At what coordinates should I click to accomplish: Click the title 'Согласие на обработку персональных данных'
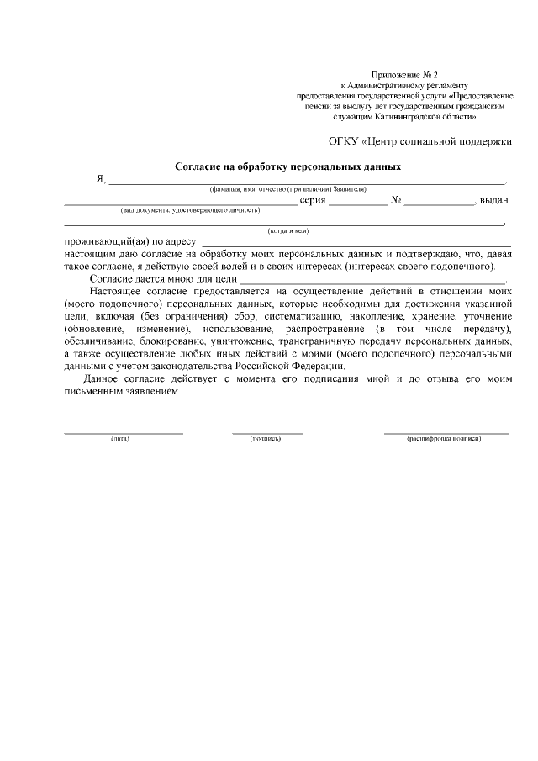287,166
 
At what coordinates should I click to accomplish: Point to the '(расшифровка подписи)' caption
444,439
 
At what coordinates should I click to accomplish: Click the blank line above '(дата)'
124,431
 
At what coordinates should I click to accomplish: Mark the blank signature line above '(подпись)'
267,431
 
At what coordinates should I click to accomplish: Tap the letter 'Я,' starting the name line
101,179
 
